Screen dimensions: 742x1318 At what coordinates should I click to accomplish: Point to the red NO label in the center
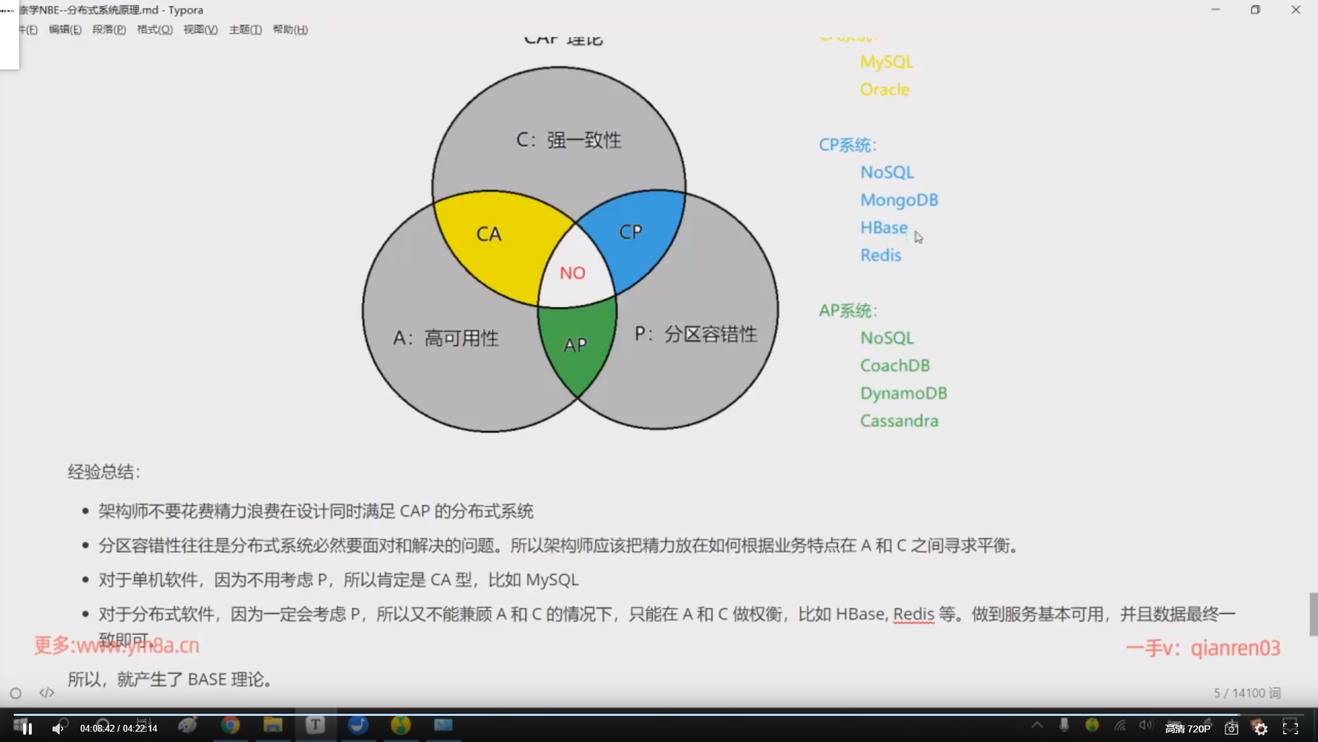coord(573,273)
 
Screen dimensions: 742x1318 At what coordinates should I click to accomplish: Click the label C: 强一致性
coord(568,140)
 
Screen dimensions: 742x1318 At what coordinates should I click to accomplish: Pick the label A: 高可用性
coord(446,338)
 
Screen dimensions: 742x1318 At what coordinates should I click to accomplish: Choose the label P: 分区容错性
coord(695,335)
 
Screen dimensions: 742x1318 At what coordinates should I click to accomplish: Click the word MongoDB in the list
coord(899,200)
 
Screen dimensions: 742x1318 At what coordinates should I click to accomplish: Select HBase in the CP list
coord(883,227)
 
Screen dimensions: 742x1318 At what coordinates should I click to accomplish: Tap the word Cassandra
coord(899,420)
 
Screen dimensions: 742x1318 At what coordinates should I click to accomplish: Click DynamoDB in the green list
coord(903,393)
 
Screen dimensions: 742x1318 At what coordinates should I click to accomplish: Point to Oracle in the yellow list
coord(884,89)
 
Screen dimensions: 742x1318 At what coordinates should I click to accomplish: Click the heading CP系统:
coord(847,145)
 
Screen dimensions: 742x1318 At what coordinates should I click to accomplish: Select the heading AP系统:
coord(847,311)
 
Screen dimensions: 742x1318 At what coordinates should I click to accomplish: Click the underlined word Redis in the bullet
coord(913,614)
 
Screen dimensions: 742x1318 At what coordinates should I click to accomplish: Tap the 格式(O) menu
coord(154,30)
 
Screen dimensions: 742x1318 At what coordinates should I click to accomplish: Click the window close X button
coord(1295,10)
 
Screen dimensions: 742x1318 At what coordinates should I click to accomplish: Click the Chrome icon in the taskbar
coord(231,725)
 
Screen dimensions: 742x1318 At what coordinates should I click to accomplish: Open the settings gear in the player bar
coord(1261,728)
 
